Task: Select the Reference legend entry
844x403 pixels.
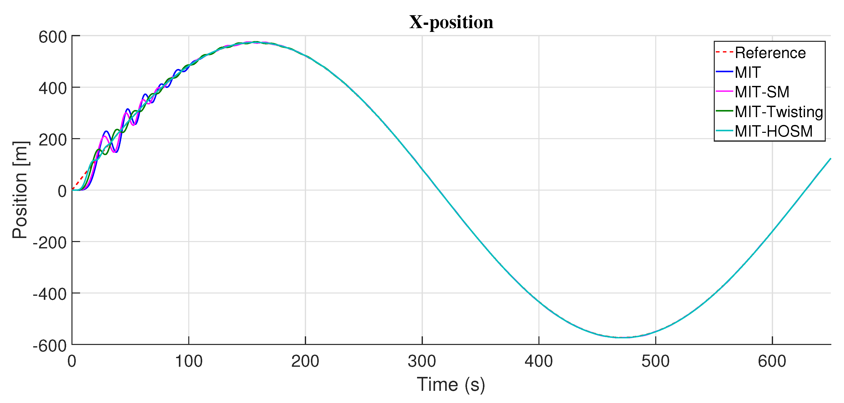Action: coord(770,53)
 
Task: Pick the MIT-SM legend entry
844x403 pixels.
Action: coord(762,92)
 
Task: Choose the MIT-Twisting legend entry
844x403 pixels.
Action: coord(778,112)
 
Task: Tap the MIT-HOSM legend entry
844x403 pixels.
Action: coord(773,131)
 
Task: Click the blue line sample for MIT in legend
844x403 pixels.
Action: coord(724,72)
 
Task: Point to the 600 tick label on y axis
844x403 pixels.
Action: coord(52,37)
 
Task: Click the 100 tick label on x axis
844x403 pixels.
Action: coord(189,361)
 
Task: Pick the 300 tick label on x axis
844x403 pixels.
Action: coord(422,361)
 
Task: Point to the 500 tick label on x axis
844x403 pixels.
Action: coord(655,361)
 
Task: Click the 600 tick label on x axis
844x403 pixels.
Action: coord(772,361)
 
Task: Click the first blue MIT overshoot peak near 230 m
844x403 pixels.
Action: coord(106,131)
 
